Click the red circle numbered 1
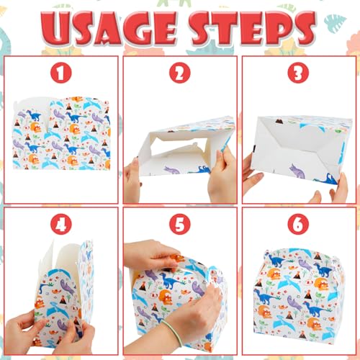[61, 73]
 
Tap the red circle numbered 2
[180, 73]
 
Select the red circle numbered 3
[298, 73]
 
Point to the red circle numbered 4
[61, 225]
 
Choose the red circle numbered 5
[180, 225]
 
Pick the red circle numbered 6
[298, 225]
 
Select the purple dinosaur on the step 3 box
[297, 171]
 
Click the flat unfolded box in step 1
[61, 133]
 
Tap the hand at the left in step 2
[132, 181]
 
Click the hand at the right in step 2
[222, 176]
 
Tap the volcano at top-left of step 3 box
[279, 121]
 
